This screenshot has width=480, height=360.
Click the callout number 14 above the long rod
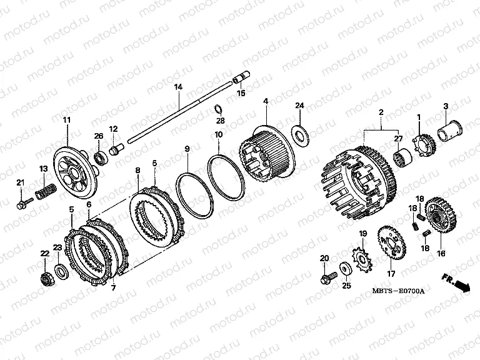point(178,87)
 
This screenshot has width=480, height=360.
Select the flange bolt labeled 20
point(329,277)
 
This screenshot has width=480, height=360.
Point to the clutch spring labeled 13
point(45,191)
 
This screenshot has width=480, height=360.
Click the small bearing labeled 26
point(101,156)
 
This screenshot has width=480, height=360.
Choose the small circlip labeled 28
point(219,109)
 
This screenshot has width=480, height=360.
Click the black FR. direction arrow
point(462,286)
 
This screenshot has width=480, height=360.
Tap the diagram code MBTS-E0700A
point(398,291)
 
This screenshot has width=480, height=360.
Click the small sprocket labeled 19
point(362,259)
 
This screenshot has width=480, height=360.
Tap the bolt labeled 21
point(25,202)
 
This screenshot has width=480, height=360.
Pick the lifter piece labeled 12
point(116,149)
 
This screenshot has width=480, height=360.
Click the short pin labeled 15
point(242,76)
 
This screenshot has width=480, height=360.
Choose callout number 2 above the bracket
point(381,112)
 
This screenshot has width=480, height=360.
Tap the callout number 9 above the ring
point(187,149)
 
